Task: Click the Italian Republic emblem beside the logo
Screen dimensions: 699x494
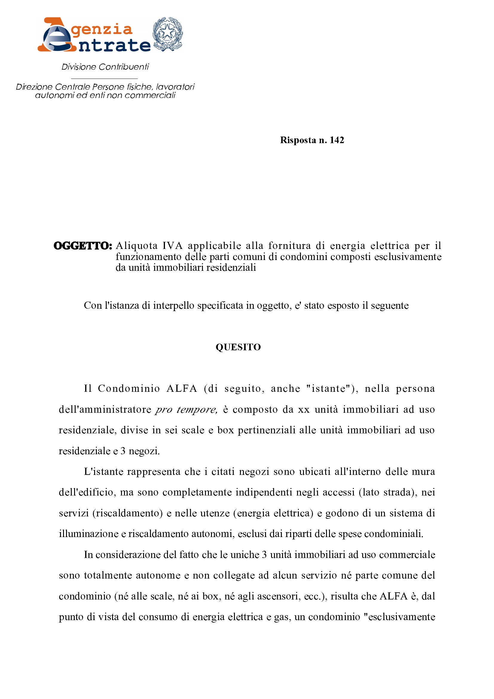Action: (167, 34)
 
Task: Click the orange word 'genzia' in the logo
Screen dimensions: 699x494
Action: (102, 30)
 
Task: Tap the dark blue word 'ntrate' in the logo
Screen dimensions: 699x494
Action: (114, 45)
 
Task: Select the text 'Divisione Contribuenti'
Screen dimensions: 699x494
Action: (105, 67)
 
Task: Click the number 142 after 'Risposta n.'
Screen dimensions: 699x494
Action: (337, 140)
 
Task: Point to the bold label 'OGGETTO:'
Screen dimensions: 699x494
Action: (83, 246)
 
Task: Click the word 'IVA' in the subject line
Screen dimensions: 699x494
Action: (172, 246)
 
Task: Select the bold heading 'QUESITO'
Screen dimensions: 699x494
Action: (238, 347)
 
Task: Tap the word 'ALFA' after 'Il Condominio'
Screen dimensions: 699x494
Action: (182, 389)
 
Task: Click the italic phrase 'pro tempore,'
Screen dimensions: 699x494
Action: (186, 409)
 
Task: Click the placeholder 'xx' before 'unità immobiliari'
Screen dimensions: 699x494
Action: (303, 409)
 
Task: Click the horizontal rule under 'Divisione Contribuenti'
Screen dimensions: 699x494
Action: (104, 79)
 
